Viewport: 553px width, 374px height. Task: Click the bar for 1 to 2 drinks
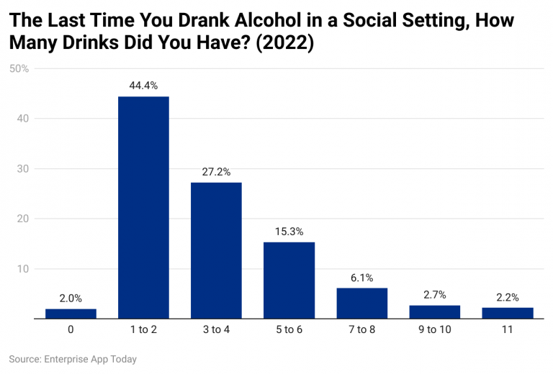(x=143, y=207)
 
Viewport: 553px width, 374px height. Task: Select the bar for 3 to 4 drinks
(x=216, y=250)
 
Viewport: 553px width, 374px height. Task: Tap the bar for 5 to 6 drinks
(x=289, y=280)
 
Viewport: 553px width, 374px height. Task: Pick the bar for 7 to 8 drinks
(x=361, y=303)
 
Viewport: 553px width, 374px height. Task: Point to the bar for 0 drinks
(x=71, y=314)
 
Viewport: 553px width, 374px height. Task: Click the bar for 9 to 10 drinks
(x=434, y=311)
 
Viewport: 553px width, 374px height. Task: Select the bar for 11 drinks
(x=508, y=313)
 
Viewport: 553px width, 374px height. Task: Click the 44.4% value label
(x=143, y=86)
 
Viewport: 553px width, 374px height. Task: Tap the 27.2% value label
(x=216, y=172)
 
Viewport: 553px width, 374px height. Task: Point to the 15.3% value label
(x=289, y=232)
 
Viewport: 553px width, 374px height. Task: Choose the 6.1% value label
(x=361, y=278)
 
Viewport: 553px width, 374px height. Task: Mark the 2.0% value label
(x=71, y=298)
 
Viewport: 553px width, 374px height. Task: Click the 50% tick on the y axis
(x=19, y=69)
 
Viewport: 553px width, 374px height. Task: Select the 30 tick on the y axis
(x=22, y=169)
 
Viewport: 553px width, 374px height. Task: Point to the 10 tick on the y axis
(x=22, y=269)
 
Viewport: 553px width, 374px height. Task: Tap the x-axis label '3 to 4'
(x=216, y=331)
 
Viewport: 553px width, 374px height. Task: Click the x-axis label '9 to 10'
(x=434, y=331)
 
